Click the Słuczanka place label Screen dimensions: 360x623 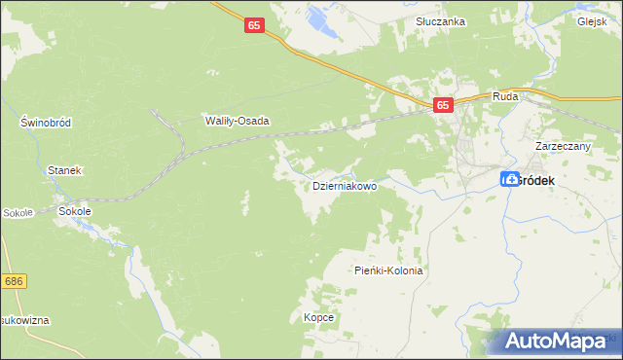(440, 21)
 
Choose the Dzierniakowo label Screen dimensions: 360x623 (344, 186)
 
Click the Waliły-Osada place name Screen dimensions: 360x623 (236, 122)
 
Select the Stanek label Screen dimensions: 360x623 (64, 170)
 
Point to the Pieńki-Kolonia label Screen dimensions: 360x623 (388, 271)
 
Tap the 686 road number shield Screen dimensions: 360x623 (13, 281)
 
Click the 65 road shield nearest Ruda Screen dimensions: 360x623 (443, 105)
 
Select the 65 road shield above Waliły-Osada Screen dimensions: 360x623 (254, 29)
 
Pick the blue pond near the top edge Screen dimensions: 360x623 (317, 17)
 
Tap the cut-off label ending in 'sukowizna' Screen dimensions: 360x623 (24, 320)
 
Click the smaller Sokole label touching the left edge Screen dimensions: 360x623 (17, 212)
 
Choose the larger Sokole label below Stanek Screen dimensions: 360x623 (75, 211)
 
